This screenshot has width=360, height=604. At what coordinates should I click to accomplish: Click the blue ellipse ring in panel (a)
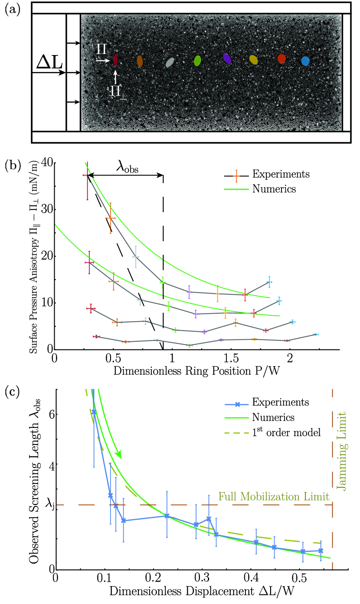tap(305, 61)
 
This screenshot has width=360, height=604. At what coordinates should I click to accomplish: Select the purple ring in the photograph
tap(226, 59)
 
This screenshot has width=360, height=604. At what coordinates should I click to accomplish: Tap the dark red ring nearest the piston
tap(115, 59)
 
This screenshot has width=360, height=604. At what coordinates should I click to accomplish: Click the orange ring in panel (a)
tap(140, 61)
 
